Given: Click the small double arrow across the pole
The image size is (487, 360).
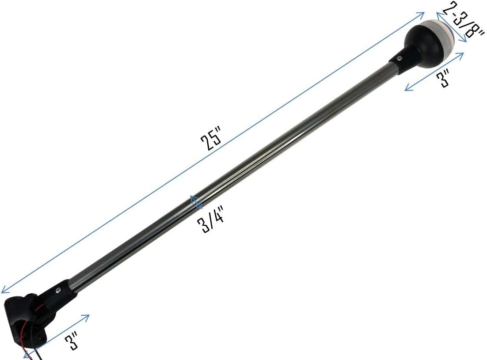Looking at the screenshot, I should (196, 202).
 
